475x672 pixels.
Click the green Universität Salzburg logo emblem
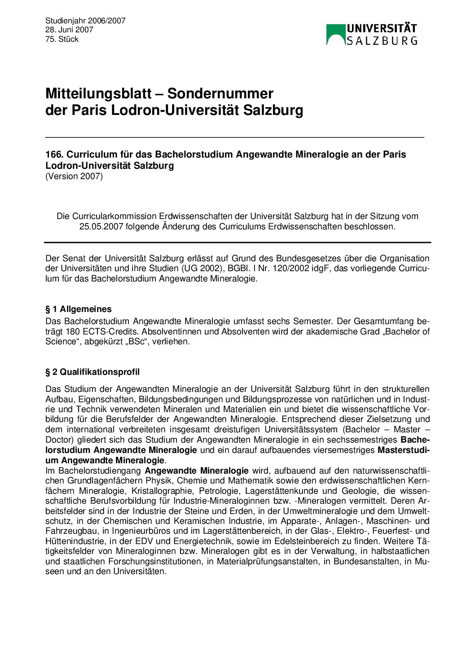335,35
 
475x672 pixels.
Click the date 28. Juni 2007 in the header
69,30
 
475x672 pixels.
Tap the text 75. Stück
62,39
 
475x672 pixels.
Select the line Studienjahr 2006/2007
85,21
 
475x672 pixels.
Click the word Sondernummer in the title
220,93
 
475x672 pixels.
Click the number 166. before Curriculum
54,154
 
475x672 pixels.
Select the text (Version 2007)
74,176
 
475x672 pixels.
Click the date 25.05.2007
101,226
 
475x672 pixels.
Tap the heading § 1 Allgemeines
79,309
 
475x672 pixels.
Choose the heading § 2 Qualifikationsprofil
92,372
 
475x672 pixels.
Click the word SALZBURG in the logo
382,41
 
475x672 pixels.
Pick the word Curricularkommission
114,216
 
